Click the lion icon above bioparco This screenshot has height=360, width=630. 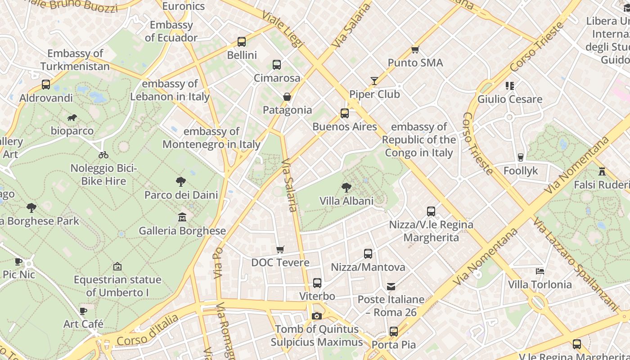[x=72, y=118]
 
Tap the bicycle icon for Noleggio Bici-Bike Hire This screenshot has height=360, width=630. [x=103, y=155]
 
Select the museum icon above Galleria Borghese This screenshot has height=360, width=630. [x=182, y=217]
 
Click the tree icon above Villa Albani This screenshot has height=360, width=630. [x=346, y=187]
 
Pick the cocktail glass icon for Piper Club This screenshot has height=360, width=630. [x=374, y=81]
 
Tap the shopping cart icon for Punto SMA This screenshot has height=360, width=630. [x=415, y=49]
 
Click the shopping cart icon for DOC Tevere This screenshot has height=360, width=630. [x=280, y=249]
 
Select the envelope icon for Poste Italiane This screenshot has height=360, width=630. [x=391, y=286]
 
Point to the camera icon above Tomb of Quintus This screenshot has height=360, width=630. [x=317, y=316]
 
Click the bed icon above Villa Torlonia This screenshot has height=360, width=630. [x=540, y=271]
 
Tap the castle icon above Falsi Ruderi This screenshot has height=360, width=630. [x=602, y=171]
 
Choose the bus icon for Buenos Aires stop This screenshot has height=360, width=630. [x=344, y=113]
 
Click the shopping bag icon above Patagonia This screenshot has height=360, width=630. [x=287, y=97]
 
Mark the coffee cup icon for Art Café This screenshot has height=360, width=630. [x=83, y=311]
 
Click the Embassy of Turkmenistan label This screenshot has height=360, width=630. [x=75, y=60]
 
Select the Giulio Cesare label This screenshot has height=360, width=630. [x=509, y=99]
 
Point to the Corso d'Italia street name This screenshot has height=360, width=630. [x=147, y=331]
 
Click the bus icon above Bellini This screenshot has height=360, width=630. [x=242, y=42]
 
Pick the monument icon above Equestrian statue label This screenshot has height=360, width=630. [x=117, y=266]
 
